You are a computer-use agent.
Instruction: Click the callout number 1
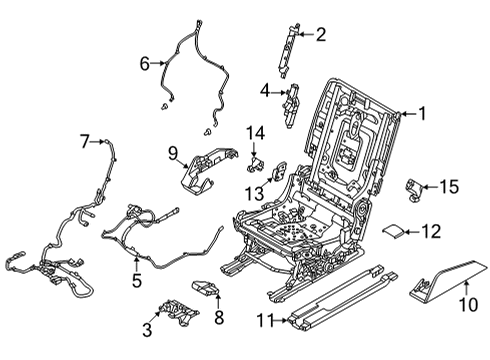point(422,114)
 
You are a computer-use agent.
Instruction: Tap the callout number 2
point(320,36)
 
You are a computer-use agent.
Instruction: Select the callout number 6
point(144,63)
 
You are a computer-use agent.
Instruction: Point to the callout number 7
point(85,143)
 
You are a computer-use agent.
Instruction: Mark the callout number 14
point(256,133)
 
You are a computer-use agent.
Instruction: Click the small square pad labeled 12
point(396,231)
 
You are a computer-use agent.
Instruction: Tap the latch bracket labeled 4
point(294,104)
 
